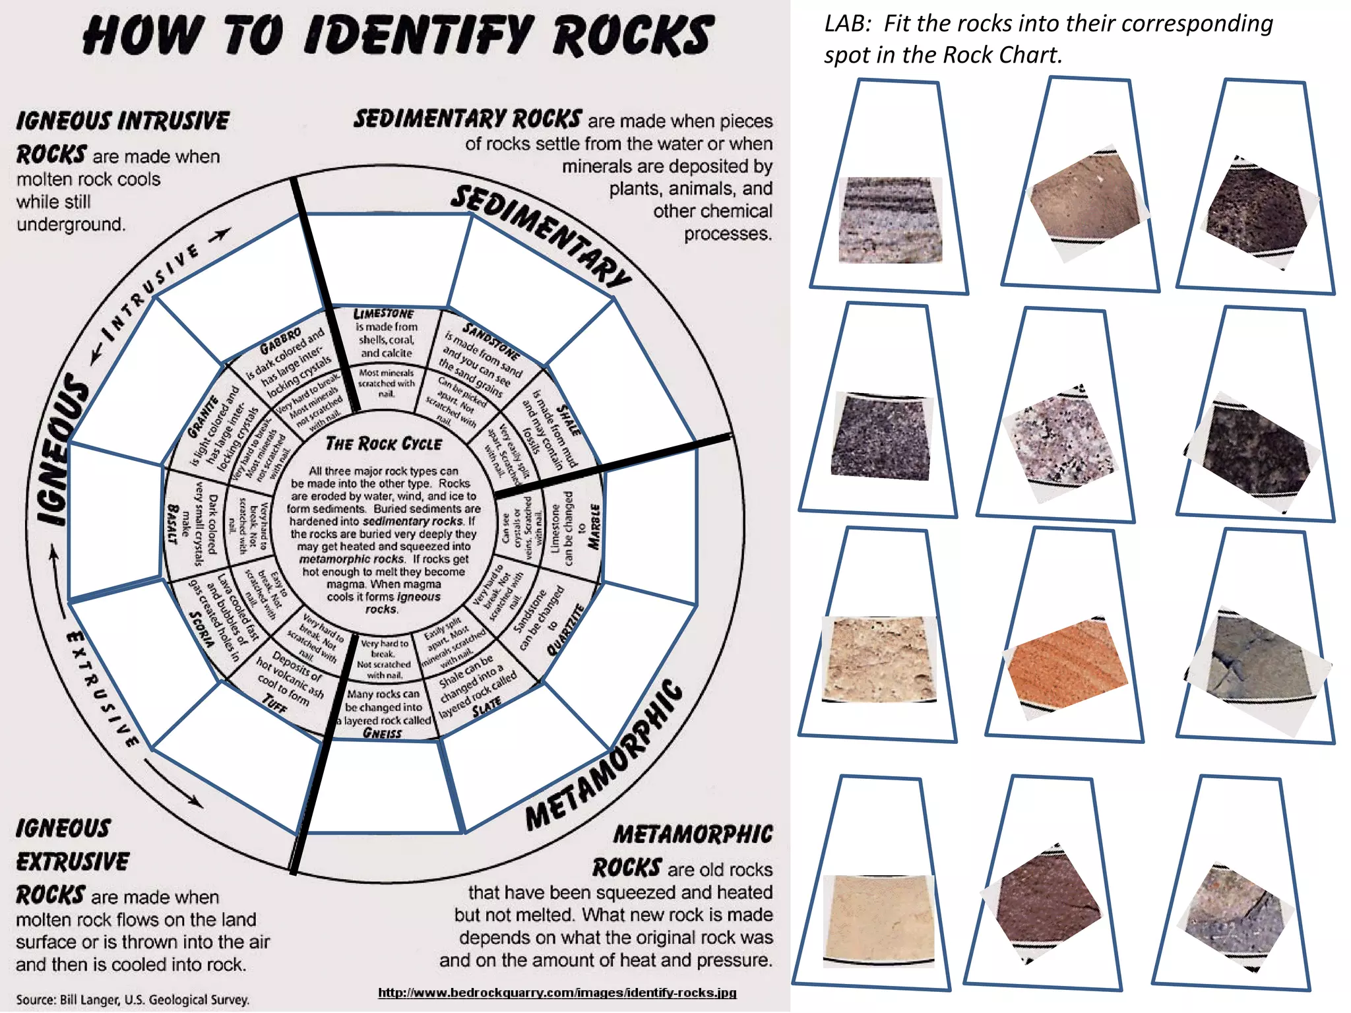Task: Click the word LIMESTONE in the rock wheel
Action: click(383, 313)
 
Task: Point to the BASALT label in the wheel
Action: click(173, 524)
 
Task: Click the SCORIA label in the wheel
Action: click(201, 629)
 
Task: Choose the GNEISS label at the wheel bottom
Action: click(382, 733)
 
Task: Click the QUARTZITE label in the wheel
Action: click(566, 629)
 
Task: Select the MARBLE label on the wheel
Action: click(594, 526)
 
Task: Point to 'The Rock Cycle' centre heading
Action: click(383, 444)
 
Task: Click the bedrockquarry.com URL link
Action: click(557, 993)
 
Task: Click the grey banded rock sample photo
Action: click(890, 220)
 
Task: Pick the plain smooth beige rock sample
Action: click(879, 918)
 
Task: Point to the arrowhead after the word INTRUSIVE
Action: click(224, 233)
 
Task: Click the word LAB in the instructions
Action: click(844, 24)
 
